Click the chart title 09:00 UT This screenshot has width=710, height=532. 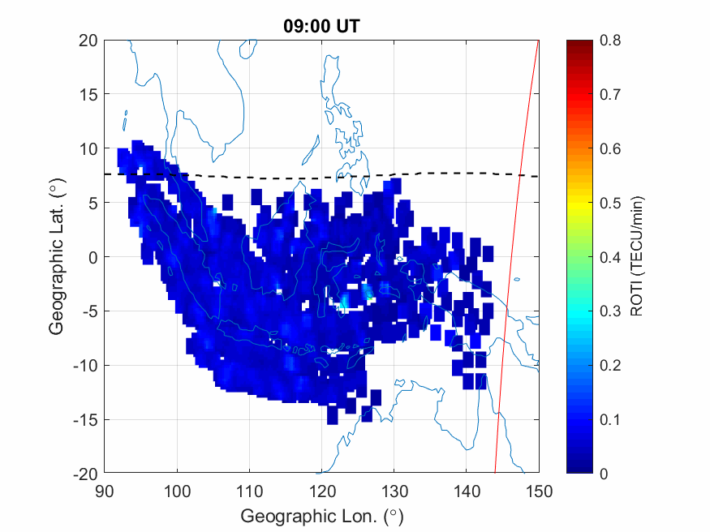[321, 26]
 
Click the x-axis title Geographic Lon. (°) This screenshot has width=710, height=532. [321, 516]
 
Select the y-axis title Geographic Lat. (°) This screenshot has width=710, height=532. [56, 257]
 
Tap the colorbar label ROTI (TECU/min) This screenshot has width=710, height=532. [646, 256]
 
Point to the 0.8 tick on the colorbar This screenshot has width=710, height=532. [610, 40]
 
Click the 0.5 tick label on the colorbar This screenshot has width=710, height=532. [610, 203]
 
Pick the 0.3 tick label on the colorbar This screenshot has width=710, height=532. [610, 311]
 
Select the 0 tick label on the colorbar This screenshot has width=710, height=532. [604, 474]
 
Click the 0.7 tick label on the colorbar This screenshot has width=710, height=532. [610, 94]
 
